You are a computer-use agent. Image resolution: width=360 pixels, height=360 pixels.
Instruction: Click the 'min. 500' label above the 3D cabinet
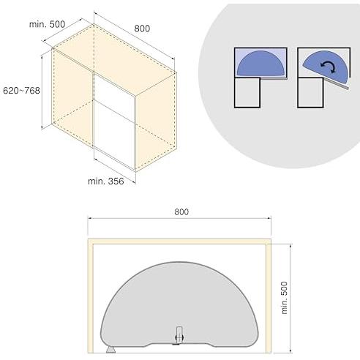[47, 24]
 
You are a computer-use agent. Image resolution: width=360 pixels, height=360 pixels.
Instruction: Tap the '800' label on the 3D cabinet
[142, 29]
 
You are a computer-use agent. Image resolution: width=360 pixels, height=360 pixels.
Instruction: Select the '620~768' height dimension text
[21, 91]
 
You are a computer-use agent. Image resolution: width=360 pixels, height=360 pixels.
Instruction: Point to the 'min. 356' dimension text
[106, 181]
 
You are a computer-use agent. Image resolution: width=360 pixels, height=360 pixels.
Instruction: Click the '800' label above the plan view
[181, 212]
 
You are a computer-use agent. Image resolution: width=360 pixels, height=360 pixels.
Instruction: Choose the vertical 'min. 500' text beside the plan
[284, 298]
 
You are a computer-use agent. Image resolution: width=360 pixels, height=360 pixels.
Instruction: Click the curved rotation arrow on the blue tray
[329, 67]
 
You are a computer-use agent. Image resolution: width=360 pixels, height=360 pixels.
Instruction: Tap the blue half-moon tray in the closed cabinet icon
[260, 63]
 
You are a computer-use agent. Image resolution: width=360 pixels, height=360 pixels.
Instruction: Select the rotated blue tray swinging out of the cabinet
[326, 67]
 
